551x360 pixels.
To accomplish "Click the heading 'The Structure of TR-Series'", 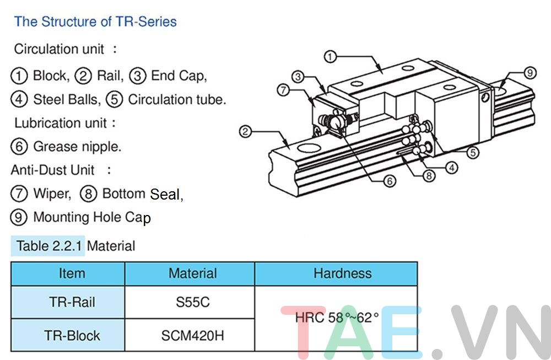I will click(95, 22).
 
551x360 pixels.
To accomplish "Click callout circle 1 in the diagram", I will click(330, 56).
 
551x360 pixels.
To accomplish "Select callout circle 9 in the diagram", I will click(530, 73).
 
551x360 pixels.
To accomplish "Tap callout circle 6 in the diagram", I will click(390, 181).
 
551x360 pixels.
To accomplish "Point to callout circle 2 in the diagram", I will click(246, 131).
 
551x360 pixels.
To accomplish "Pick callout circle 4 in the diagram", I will click(451, 168).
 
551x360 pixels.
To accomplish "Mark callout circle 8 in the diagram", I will click(429, 176).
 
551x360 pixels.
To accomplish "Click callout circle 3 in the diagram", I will click(298, 77).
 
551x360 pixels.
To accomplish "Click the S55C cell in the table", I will click(190, 303).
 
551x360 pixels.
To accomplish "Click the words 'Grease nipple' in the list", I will click(77, 147).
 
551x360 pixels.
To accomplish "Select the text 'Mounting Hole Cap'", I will click(91, 217).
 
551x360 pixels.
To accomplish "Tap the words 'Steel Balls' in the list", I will click(67, 100).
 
